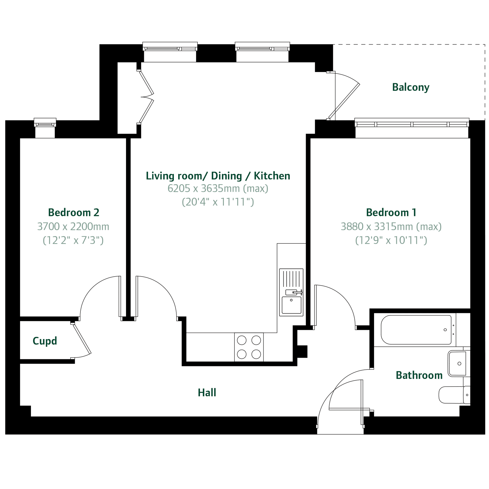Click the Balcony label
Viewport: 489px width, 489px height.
pyautogui.click(x=410, y=87)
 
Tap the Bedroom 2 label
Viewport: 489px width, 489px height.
pyautogui.click(x=74, y=212)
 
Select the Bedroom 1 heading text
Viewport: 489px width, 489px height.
pyautogui.click(x=391, y=212)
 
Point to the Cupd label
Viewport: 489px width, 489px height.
pyautogui.click(x=45, y=341)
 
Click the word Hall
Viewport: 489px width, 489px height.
pyautogui.click(x=207, y=393)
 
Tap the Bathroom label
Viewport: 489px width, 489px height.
pyautogui.click(x=419, y=375)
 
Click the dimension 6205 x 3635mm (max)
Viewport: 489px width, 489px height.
pyautogui.click(x=218, y=188)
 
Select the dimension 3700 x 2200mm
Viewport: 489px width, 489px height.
pyautogui.click(x=73, y=226)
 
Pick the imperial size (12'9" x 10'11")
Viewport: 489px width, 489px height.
pyautogui.click(x=391, y=240)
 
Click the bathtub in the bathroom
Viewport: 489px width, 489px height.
pyautogui.click(x=416, y=330)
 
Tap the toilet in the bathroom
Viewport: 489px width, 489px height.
pyautogui.click(x=454, y=395)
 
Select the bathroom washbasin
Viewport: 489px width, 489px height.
pyautogui.click(x=458, y=364)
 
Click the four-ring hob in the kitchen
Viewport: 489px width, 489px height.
pyautogui.click(x=249, y=347)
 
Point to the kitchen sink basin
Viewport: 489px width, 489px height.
pyautogui.click(x=291, y=305)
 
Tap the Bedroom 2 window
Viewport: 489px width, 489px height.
pyautogui.click(x=45, y=123)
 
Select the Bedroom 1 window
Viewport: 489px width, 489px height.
pyautogui.click(x=412, y=123)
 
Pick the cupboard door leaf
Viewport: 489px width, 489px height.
pyautogui.click(x=82, y=339)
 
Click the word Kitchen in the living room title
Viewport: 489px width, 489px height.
pyautogui.click(x=272, y=176)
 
